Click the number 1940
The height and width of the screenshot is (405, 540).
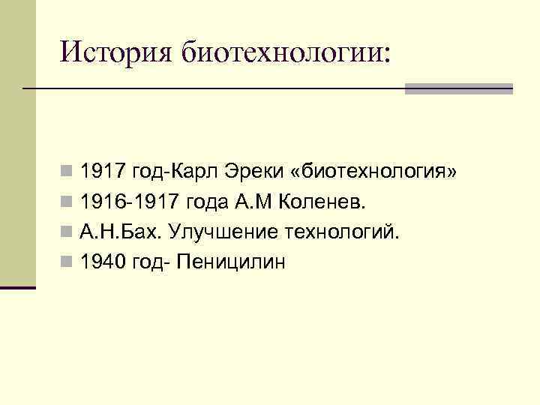[x=103, y=262]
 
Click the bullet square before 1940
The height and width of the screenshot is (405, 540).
[x=67, y=262]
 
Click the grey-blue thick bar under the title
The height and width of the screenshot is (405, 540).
[x=459, y=88]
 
